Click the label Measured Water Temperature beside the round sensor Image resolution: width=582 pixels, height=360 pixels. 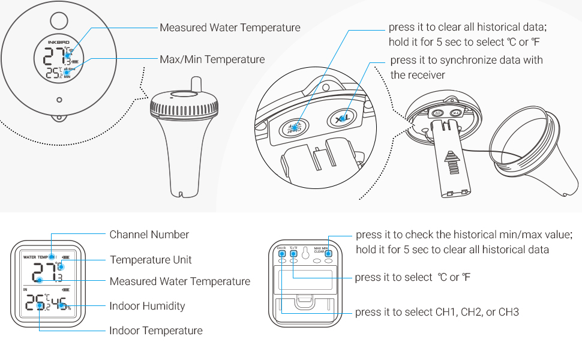tap(230, 28)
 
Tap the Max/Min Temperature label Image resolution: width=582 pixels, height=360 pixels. tap(212, 59)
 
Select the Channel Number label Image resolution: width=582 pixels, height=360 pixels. tap(149, 235)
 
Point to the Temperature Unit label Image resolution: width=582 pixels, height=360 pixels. tap(151, 260)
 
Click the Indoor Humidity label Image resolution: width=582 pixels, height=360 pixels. tap(147, 306)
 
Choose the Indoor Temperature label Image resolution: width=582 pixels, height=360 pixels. tap(155, 331)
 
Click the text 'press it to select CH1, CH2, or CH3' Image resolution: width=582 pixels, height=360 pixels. tap(437, 312)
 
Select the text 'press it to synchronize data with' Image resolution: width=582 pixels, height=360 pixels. tap(466, 60)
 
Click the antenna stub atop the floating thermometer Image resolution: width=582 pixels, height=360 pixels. tap(195, 83)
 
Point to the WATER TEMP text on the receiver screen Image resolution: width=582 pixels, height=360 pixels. tap(35, 257)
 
